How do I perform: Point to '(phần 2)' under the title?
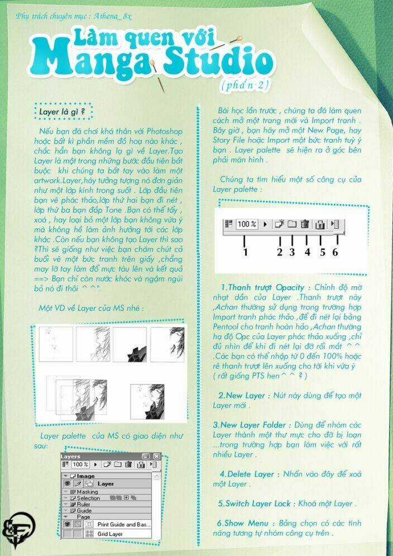tap(246, 85)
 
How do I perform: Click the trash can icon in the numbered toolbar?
tap(305, 224)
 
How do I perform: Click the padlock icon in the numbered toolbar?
tap(320, 224)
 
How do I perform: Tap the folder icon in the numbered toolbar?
tap(291, 224)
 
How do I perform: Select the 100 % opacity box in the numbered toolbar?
tap(246, 224)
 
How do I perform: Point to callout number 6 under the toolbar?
tap(335, 251)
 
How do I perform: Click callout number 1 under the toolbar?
tap(245, 251)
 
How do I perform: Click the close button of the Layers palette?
tap(155, 456)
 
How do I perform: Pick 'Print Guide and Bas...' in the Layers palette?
tap(123, 525)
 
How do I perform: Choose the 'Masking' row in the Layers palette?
tap(87, 492)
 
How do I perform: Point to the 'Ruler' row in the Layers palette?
tap(84, 504)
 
